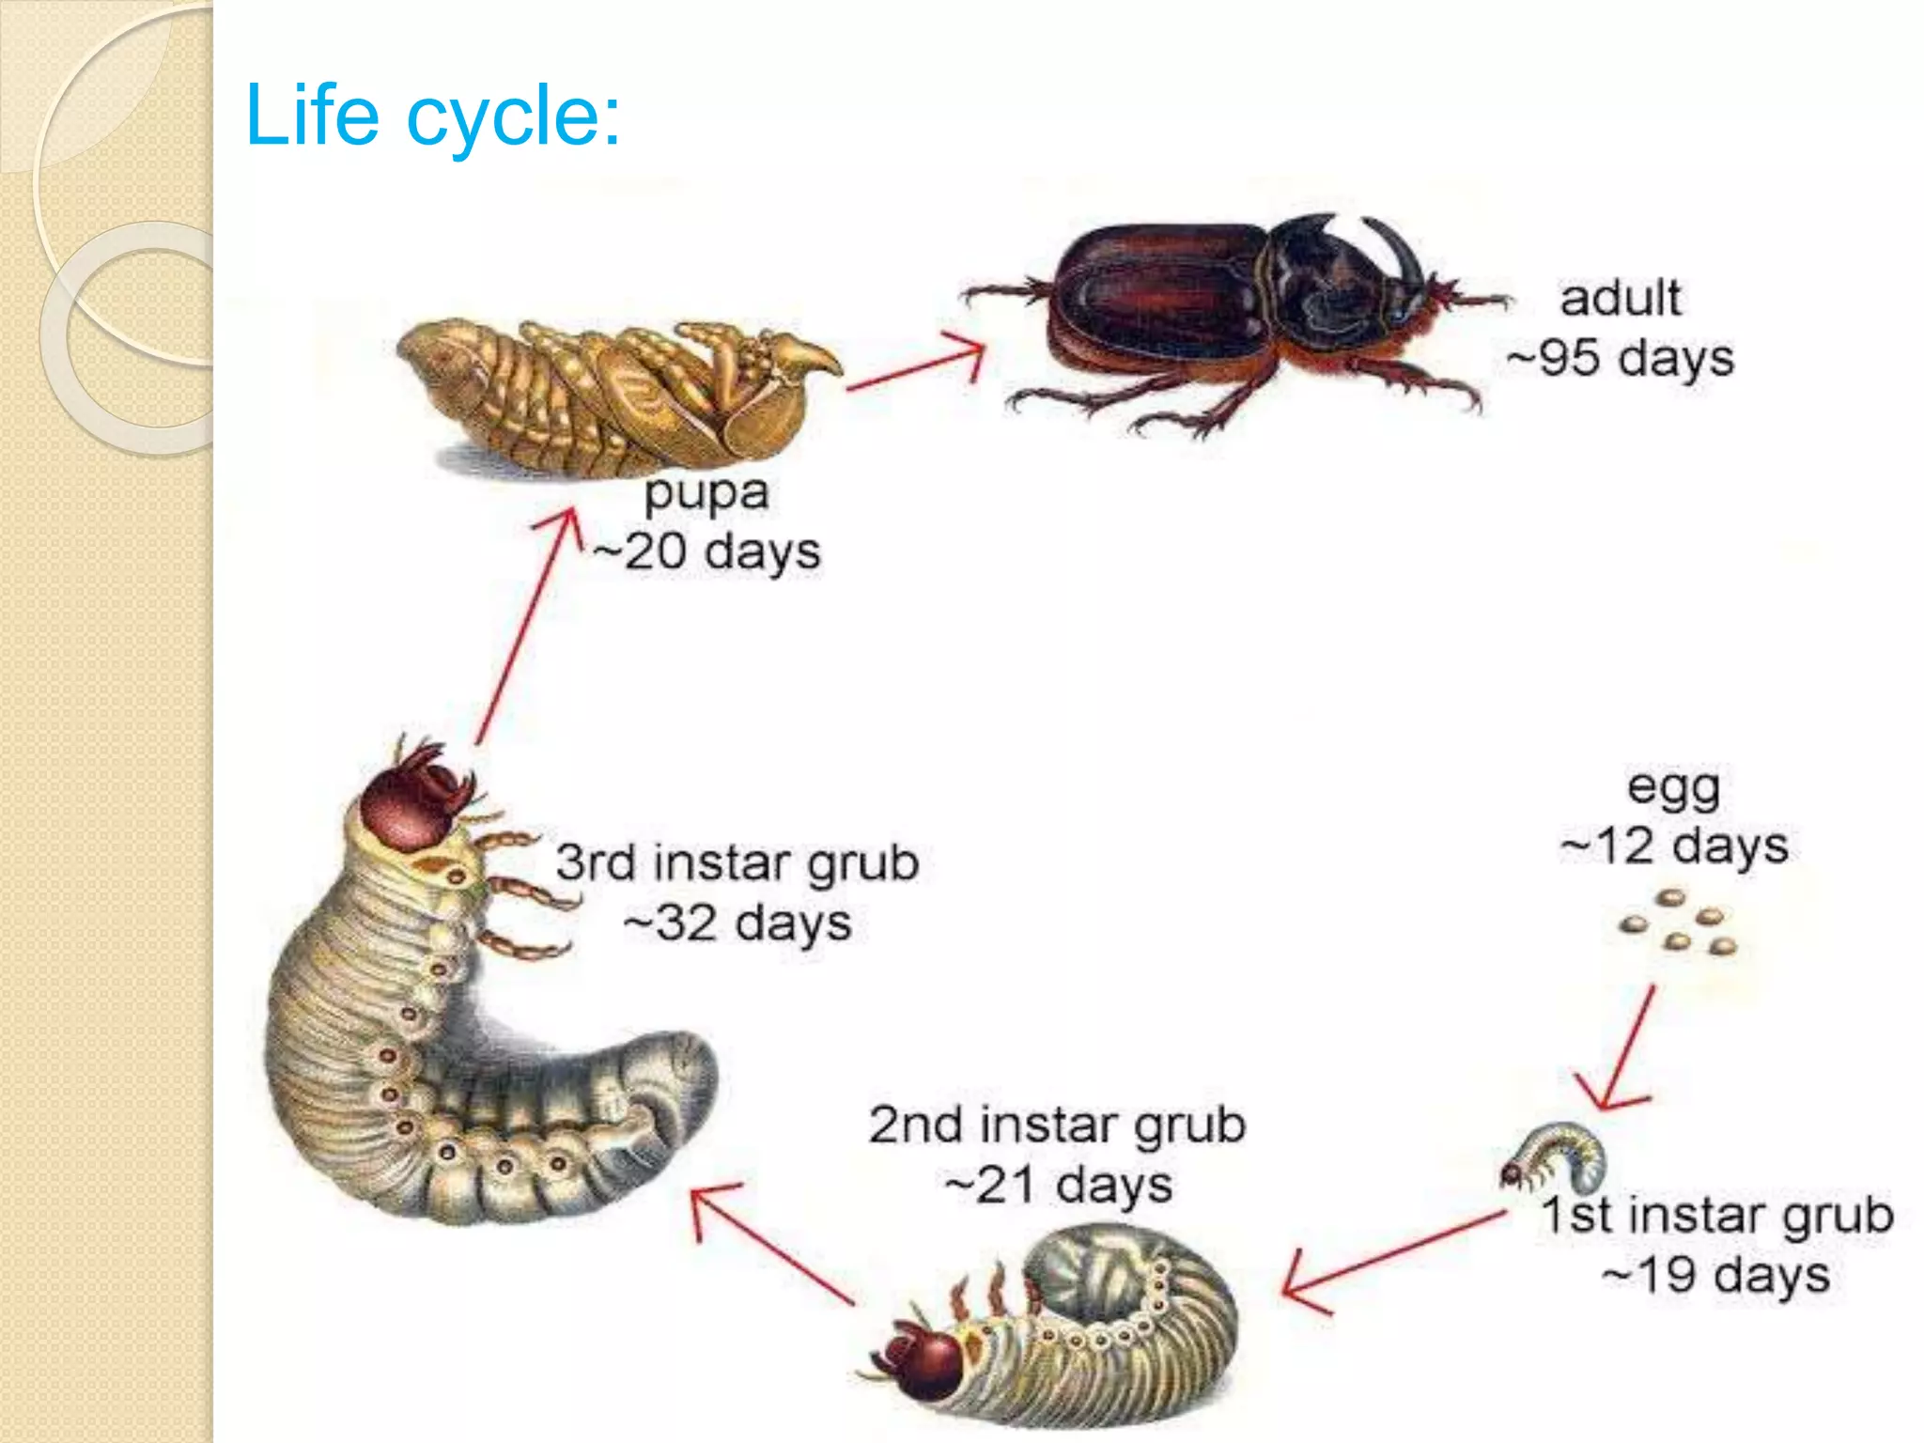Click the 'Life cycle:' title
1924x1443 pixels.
(x=432, y=115)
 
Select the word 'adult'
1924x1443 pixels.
(x=1621, y=299)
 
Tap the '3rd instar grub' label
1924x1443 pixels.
(x=737, y=862)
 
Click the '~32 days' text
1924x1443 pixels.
(x=737, y=923)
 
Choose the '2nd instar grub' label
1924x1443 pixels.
(x=1057, y=1125)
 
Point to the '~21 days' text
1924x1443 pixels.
(x=1059, y=1185)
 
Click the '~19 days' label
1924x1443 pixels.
(x=1716, y=1276)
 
